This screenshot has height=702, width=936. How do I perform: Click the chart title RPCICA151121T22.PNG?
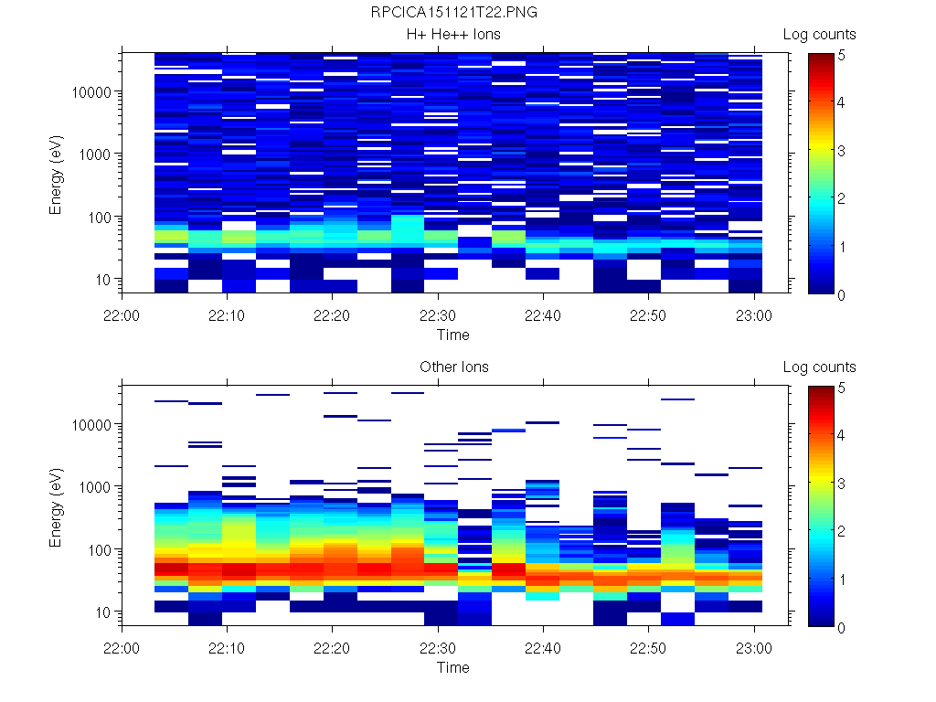453,13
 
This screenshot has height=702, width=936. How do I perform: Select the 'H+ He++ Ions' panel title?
453,35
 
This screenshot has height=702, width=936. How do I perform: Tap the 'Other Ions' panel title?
453,367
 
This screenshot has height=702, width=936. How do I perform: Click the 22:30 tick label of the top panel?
438,315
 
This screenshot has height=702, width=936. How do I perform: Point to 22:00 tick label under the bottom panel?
122,648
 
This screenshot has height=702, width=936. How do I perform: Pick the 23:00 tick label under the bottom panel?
753,648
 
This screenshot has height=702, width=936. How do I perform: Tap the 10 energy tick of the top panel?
103,280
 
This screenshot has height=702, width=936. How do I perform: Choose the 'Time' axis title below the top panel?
453,335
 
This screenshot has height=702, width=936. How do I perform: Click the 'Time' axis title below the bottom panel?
453,667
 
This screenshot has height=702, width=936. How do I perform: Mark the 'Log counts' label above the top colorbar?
819,35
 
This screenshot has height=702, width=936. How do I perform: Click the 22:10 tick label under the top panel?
228,315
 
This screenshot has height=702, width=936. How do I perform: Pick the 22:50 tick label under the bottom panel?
648,648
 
